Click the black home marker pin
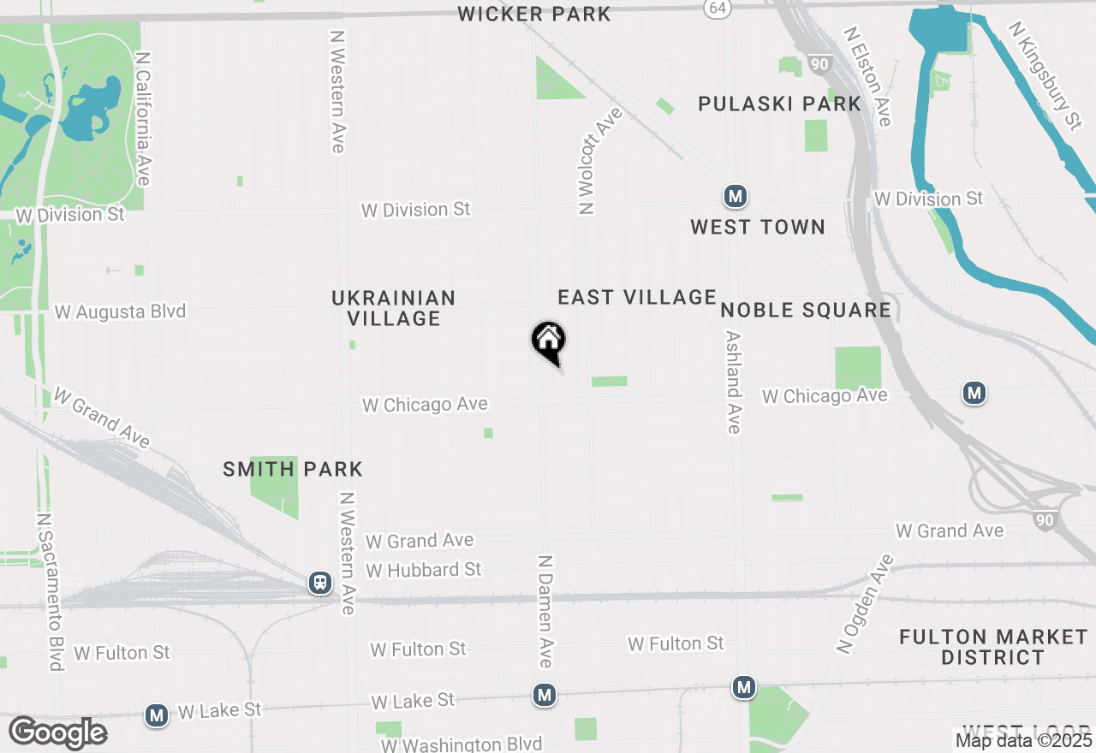(x=549, y=341)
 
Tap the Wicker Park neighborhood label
(x=534, y=14)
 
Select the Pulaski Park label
(x=779, y=104)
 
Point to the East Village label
(x=637, y=297)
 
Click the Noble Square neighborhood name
(x=807, y=309)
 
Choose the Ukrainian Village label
(x=394, y=308)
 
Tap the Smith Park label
(x=293, y=469)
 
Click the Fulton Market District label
(x=993, y=647)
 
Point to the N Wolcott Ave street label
(x=599, y=160)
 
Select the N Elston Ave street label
(x=868, y=76)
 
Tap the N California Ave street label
(x=143, y=118)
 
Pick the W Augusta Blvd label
(x=120, y=311)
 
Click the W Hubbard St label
(x=424, y=569)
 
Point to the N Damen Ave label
(x=545, y=611)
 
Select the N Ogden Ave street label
(x=867, y=604)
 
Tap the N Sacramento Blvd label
(x=51, y=591)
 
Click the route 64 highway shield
(x=718, y=8)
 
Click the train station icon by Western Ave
(x=320, y=584)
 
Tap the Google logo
(x=58, y=732)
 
